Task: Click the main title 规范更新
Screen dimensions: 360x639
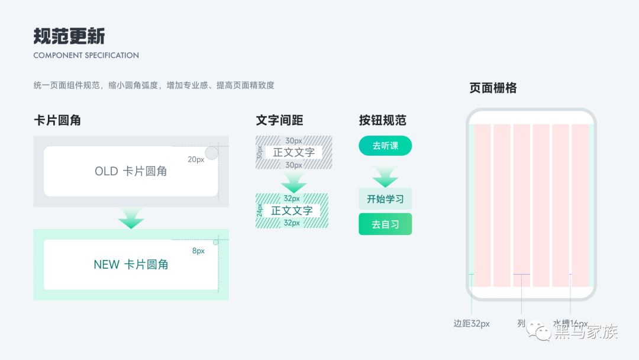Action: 69,36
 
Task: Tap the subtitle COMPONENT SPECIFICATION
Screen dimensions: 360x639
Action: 86,55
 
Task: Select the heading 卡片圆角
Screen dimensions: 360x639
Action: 57,120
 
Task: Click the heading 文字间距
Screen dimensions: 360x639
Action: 279,120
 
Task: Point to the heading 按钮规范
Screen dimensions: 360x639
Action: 382,120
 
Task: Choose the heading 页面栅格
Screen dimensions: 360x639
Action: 493,88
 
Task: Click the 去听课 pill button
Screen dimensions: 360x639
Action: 385,146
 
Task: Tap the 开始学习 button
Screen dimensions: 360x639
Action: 385,199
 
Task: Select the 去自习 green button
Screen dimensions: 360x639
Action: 385,224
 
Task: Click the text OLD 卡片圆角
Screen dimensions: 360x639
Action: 131,171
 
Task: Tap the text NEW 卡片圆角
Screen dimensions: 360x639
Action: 131,265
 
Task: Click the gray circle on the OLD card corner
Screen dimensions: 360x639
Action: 211,154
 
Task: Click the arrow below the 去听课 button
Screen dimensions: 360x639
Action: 385,177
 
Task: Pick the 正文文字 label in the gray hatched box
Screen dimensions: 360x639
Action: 293,152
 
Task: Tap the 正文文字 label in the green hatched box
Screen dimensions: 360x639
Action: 292,211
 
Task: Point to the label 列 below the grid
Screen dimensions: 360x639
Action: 521,324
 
